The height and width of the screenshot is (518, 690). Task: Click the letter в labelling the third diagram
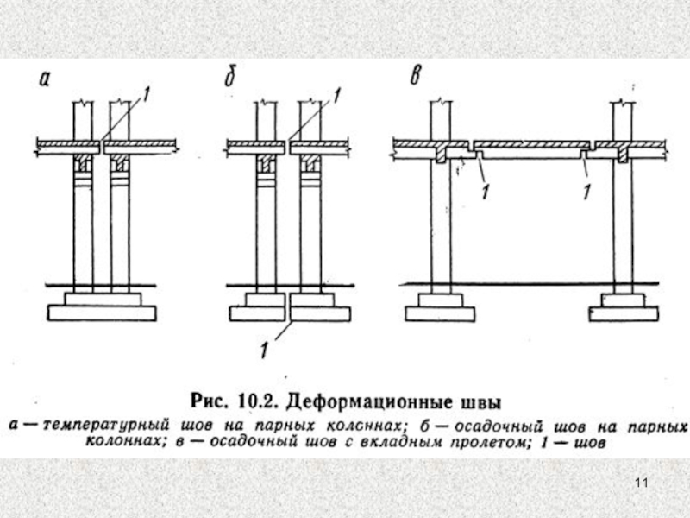pos(417,79)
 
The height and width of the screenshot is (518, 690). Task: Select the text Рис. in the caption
pos(210,402)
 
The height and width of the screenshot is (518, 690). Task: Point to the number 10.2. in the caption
pos(257,402)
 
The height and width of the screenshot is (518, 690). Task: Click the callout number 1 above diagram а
pos(147,98)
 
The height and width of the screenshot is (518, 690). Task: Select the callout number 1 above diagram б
pos(336,98)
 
